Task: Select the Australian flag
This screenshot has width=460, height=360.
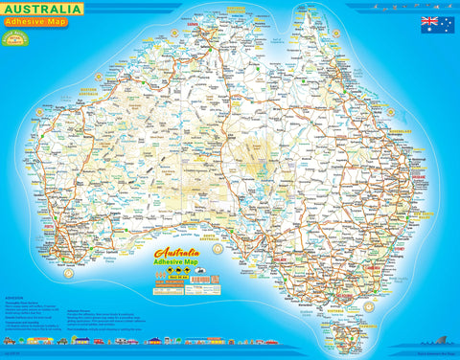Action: click(430, 24)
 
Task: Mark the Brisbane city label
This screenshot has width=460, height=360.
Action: click(419, 178)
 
